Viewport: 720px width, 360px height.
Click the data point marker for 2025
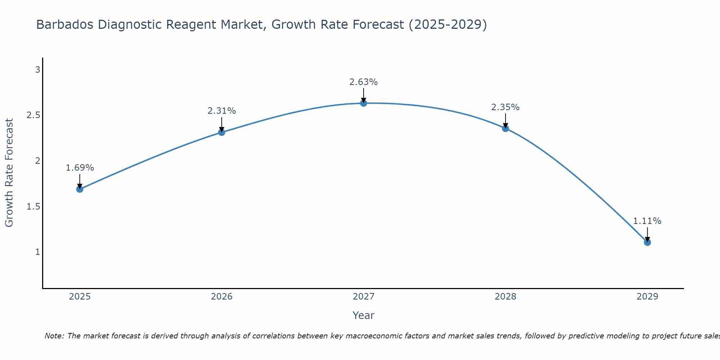[x=80, y=189]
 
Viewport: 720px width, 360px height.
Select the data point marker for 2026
[x=222, y=132]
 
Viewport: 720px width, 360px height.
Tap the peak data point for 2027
[x=364, y=103]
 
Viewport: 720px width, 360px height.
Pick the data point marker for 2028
[x=505, y=129]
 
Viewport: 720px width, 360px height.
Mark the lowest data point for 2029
[x=647, y=242]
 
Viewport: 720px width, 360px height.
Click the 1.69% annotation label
[x=80, y=168]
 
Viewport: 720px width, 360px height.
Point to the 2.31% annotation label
[x=222, y=111]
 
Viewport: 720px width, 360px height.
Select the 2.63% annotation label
[x=364, y=82]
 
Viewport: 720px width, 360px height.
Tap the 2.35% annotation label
[x=505, y=107]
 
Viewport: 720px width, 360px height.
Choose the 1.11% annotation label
[x=647, y=221]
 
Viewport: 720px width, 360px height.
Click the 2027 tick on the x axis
[x=364, y=297]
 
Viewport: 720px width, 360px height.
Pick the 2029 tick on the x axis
[x=647, y=297]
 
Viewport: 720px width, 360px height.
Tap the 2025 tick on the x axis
[x=80, y=297]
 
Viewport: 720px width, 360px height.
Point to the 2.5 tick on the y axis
[x=33, y=115]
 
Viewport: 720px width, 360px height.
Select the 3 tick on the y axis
[x=37, y=69]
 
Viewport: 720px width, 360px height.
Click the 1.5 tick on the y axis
[x=33, y=206]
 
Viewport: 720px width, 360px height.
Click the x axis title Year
[x=364, y=315]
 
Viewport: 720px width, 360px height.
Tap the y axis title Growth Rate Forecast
[x=9, y=173]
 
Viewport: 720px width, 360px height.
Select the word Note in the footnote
[x=54, y=336]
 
